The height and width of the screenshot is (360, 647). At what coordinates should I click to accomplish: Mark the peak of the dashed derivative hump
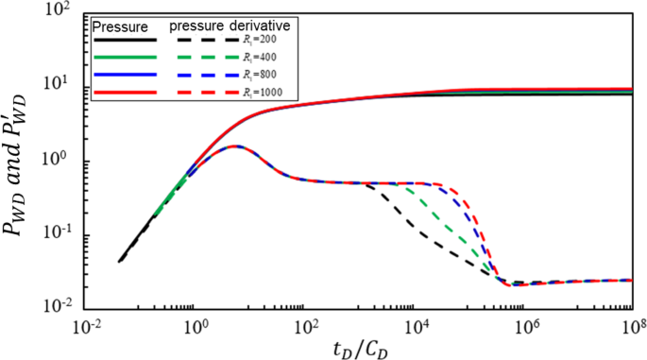pyautogui.click(x=233, y=146)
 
